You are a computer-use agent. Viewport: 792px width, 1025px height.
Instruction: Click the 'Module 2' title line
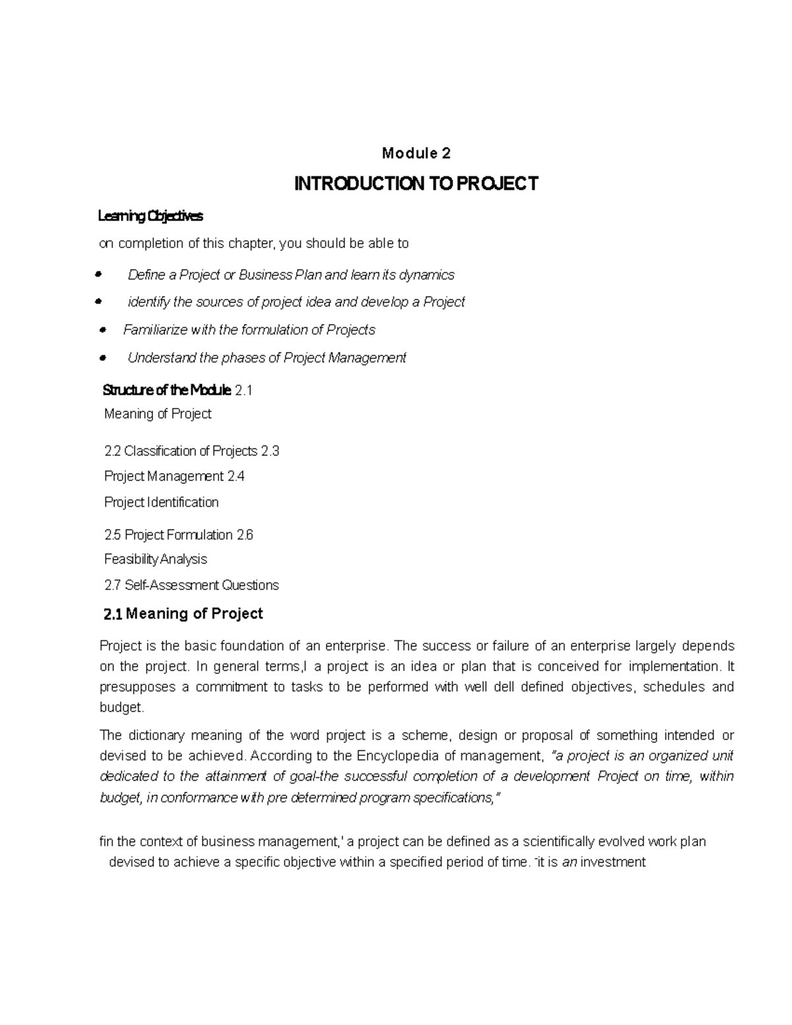(x=416, y=154)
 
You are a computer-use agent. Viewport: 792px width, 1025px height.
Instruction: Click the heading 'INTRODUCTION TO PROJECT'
(x=416, y=183)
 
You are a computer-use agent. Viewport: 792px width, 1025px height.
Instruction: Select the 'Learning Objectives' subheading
(x=150, y=216)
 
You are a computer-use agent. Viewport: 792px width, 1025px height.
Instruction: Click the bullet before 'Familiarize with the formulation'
(x=102, y=329)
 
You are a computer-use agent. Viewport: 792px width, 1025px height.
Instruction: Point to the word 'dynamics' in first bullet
(x=428, y=275)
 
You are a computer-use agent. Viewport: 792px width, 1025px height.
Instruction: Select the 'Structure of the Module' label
(x=167, y=390)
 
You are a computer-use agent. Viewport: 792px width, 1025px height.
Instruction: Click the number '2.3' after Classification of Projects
(x=270, y=451)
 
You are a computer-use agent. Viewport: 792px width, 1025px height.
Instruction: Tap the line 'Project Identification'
(x=161, y=502)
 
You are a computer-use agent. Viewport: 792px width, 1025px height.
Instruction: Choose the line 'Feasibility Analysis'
(x=155, y=559)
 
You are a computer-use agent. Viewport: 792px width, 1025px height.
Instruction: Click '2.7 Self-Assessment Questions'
(x=191, y=585)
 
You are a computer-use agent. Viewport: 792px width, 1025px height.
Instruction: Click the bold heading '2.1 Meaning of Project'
(x=183, y=614)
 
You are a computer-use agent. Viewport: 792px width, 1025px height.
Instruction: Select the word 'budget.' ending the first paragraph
(x=121, y=707)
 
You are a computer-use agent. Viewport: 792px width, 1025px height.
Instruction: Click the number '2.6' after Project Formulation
(x=245, y=535)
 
